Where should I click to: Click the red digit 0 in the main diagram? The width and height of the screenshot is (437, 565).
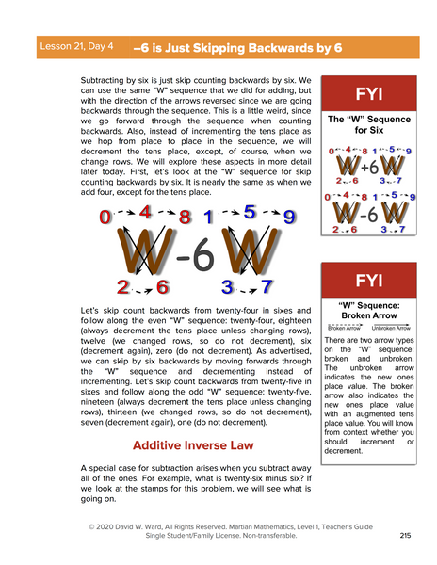pyautogui.click(x=105, y=218)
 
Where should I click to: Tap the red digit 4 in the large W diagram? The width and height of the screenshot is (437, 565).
pyautogui.click(x=145, y=213)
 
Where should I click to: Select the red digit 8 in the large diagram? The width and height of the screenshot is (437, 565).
pyautogui.click(x=185, y=218)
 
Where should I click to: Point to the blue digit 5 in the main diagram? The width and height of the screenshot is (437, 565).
pyautogui.click(x=249, y=213)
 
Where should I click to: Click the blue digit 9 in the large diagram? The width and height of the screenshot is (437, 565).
pyautogui.click(x=289, y=218)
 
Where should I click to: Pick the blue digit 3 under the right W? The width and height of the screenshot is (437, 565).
pyautogui.click(x=227, y=286)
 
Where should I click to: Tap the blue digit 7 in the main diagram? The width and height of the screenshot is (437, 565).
pyautogui.click(x=267, y=286)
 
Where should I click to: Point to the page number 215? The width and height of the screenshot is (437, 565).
pyautogui.click(x=405, y=535)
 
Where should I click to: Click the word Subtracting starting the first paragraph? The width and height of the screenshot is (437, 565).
pyautogui.click(x=108, y=84)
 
